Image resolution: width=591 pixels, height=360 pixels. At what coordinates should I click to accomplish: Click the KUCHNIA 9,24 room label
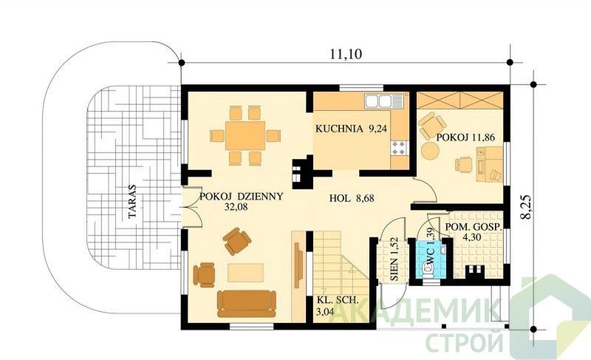coord(352,129)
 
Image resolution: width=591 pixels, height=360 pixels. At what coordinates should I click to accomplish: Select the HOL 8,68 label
coord(352,198)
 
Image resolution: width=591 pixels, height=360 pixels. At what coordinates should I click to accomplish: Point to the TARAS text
coord(132,201)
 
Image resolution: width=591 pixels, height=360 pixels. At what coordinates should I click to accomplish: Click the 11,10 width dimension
coord(346,54)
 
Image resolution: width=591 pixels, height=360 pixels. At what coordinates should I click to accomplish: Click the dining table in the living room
coord(245,136)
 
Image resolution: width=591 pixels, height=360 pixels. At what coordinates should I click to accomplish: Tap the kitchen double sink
coord(383,101)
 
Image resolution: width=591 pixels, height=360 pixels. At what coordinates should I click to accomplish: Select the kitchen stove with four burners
coord(400,148)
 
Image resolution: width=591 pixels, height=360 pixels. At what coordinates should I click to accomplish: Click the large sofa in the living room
coord(247,303)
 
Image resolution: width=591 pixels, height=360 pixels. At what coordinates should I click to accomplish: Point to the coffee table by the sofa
coord(245,273)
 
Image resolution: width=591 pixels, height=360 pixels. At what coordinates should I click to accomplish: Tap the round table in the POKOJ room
coord(430,151)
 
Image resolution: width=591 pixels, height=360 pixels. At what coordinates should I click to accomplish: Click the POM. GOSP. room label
coord(473,227)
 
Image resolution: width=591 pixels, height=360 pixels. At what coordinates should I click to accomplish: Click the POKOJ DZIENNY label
coord(242,197)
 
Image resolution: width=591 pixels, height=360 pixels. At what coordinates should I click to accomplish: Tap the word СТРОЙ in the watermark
coord(465,342)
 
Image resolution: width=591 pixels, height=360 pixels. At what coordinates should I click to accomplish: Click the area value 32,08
coord(236,206)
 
